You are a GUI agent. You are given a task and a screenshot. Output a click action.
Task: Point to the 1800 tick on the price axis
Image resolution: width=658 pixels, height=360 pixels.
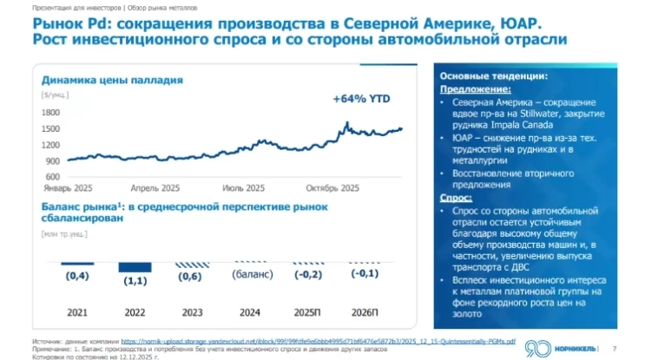click(x=49, y=112)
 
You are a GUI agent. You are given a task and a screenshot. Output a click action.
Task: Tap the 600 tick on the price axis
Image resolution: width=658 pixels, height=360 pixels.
click(x=52, y=176)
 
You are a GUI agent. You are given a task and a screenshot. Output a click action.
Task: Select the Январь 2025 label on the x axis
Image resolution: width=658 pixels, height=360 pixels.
click(x=69, y=187)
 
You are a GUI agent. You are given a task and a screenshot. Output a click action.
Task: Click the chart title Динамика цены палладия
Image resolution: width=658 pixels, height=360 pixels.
click(x=112, y=80)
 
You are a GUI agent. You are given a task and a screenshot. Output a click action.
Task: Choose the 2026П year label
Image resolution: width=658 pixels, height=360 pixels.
click(x=364, y=311)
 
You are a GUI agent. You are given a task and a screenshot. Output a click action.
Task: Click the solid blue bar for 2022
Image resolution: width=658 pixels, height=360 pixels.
click(x=134, y=265)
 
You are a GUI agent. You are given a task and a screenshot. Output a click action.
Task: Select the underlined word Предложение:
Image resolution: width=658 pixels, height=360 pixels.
click(x=475, y=88)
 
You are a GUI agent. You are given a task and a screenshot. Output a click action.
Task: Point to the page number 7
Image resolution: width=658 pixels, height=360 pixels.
click(x=615, y=349)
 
